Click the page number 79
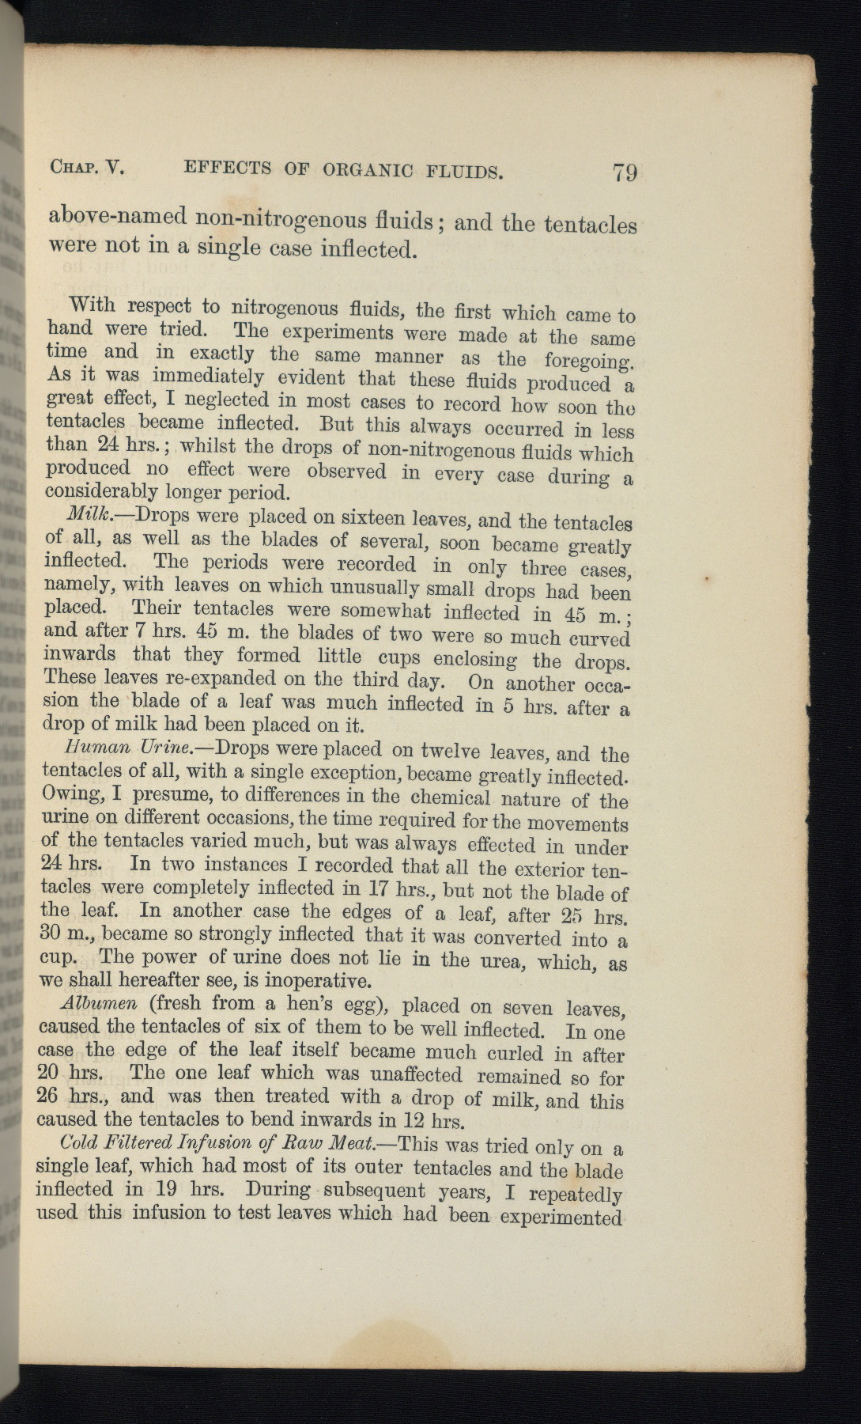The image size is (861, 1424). pos(624,172)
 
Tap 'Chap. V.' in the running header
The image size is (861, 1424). pos(89,167)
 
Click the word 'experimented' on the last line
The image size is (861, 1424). pos(569,1217)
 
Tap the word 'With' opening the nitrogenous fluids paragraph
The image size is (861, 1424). pos(92,305)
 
